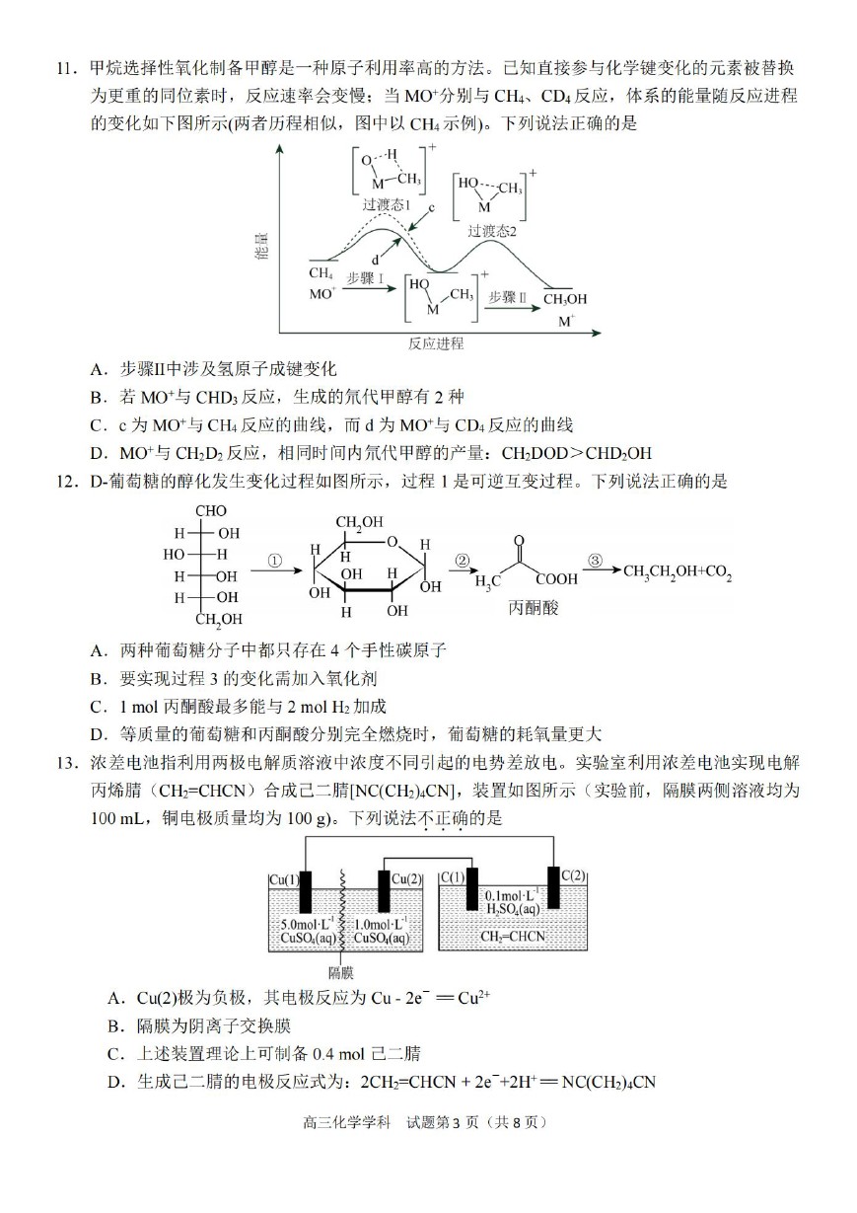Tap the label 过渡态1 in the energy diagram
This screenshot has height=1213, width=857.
[386, 204]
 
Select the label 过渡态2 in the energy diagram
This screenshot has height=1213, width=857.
[492, 231]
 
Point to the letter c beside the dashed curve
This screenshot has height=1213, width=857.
[431, 208]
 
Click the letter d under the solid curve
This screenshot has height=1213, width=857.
[375, 261]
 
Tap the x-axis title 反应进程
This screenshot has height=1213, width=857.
[436, 343]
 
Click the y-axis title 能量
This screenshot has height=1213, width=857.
[262, 246]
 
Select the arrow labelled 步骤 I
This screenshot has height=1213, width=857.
[370, 288]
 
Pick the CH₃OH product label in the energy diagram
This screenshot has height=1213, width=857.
[565, 299]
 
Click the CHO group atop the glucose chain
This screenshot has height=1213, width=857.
[210, 510]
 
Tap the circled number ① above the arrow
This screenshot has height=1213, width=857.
[275, 562]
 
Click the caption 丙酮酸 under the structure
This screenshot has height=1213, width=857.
[533, 607]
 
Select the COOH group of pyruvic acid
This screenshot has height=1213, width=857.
[557, 579]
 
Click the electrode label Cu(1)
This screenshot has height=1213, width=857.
[284, 880]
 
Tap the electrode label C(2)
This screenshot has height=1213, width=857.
[573, 875]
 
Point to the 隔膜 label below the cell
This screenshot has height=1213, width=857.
[341, 973]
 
